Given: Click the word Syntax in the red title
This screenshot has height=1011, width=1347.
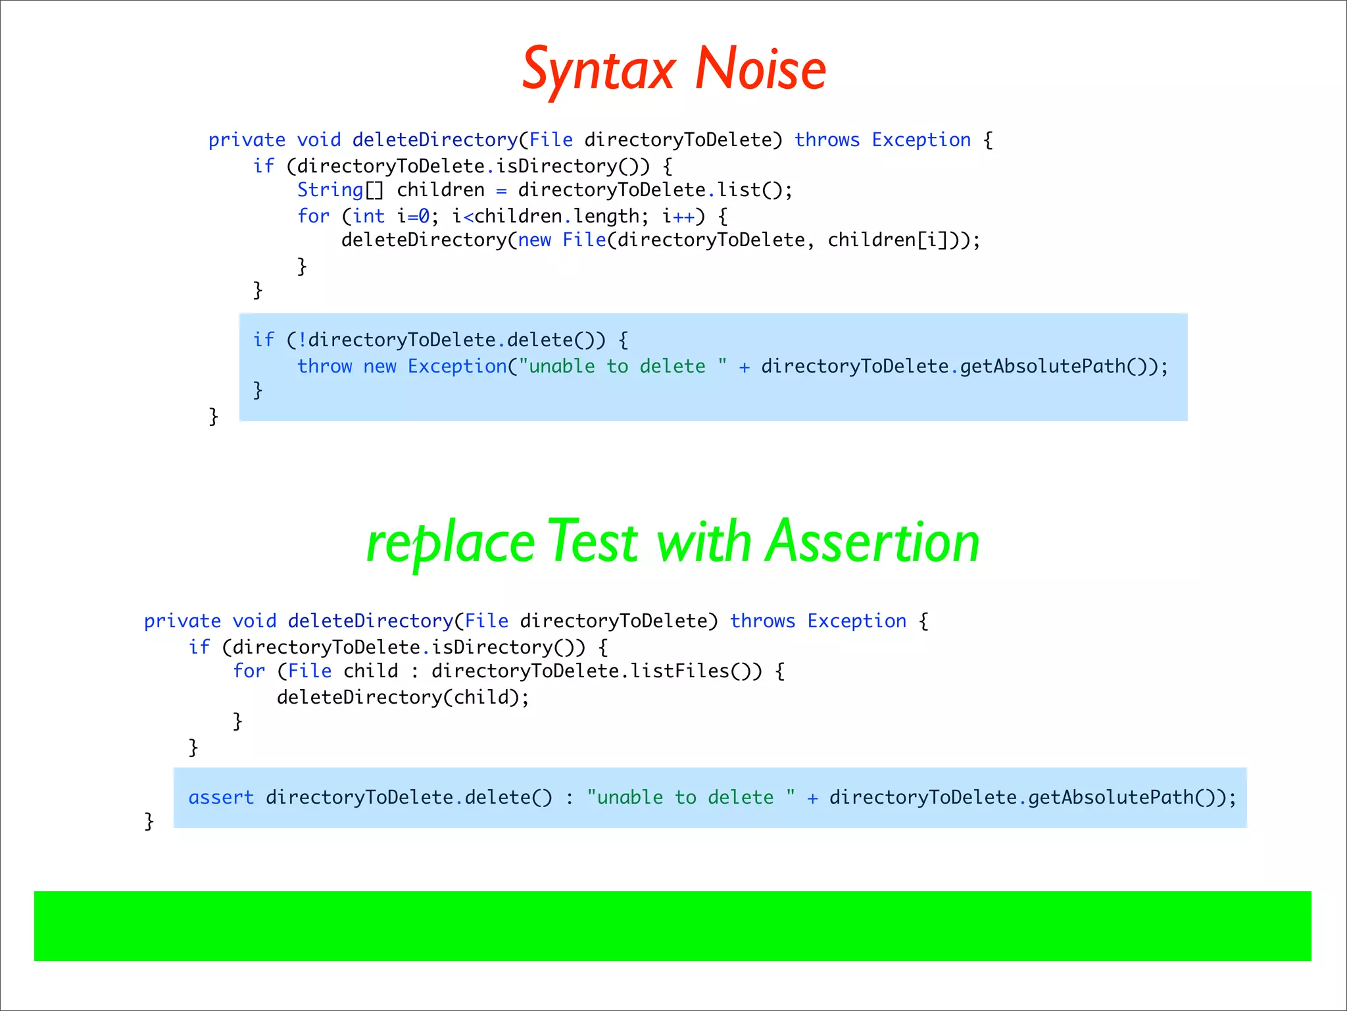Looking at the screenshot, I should point(599,69).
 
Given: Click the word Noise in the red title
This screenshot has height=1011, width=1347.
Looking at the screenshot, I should point(760,69).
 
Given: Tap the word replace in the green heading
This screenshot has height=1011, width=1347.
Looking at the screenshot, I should point(450,543).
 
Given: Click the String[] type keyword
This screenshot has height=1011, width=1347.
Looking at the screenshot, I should point(340,190).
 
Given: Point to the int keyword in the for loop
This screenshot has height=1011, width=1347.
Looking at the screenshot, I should point(368,216).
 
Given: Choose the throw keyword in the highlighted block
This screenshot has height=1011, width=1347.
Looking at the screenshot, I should point(324,366).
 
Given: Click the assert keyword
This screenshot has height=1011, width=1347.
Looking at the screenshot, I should point(221,798).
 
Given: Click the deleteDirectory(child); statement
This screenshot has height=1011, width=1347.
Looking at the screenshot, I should point(403,697).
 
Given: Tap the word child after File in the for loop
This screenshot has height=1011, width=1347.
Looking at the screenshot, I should point(371,671).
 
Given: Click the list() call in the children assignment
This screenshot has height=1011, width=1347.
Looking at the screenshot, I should point(749,190).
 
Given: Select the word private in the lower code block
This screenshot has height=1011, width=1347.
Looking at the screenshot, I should point(182,621).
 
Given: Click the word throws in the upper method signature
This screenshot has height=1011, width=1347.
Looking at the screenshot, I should point(827,140).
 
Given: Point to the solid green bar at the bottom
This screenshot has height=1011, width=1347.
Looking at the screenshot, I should point(672,925).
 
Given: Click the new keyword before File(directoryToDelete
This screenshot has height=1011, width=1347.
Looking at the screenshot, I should point(534,240).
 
